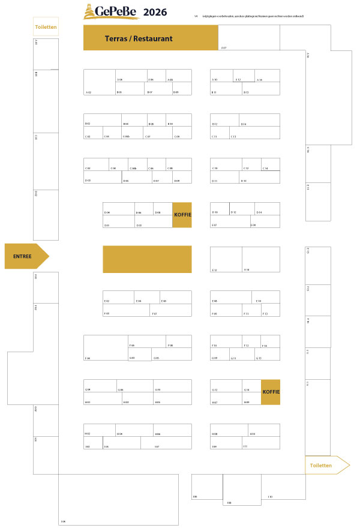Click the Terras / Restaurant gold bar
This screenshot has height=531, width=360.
[150, 38]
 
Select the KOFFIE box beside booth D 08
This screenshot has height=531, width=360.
[182, 215]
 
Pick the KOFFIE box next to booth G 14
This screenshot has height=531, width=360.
[271, 392]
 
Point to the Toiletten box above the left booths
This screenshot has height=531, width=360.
[46, 27]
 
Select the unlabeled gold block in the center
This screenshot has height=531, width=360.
[147, 259]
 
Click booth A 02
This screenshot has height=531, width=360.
[99, 82]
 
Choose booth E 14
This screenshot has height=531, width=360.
[260, 259]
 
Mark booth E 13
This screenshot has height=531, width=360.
[226, 259]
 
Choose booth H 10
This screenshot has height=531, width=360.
[263, 430]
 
